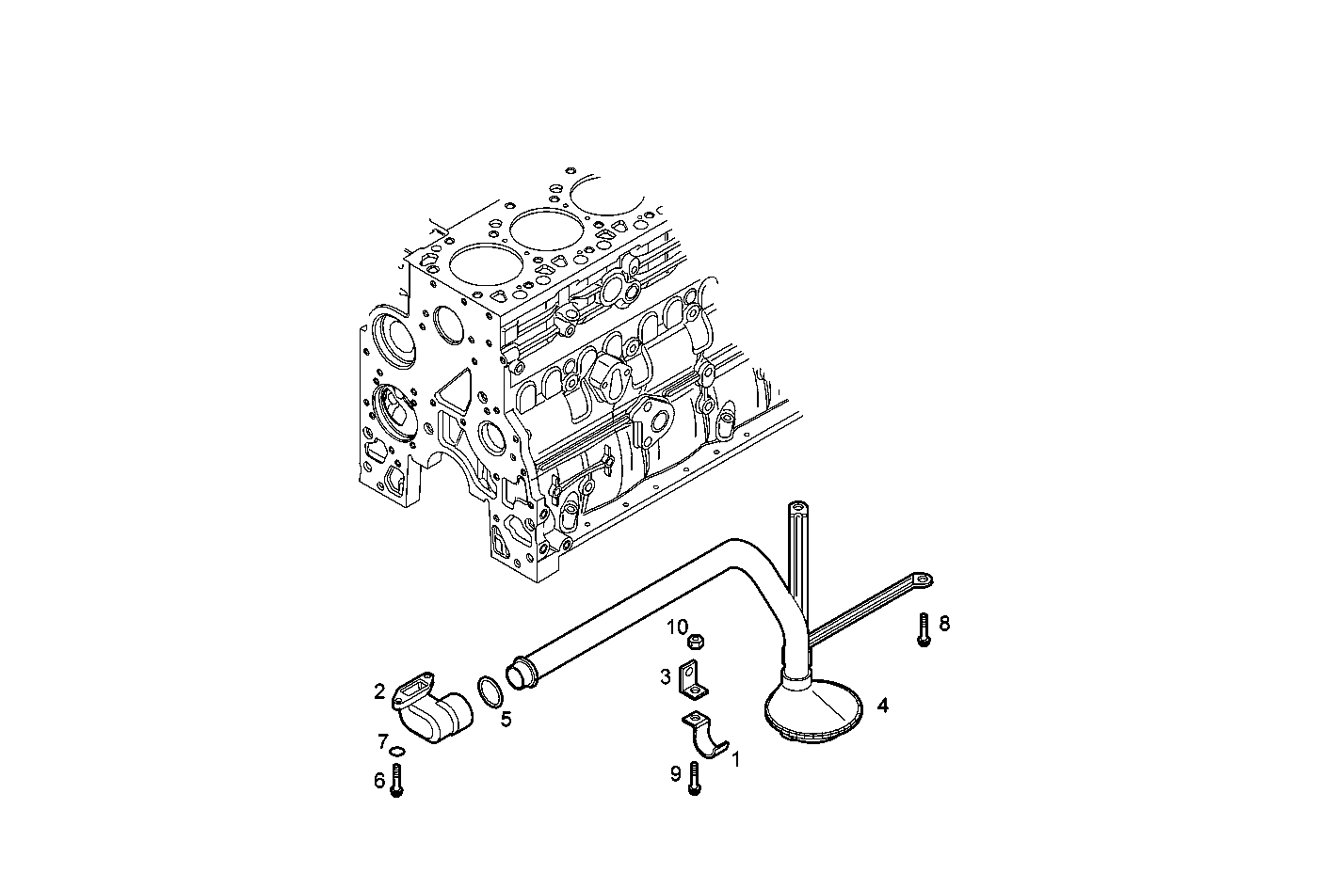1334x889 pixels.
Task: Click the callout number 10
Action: [x=678, y=627]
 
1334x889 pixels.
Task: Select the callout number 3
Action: [x=665, y=675]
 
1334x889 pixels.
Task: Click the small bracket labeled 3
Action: [x=692, y=681]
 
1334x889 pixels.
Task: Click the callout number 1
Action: [x=736, y=758]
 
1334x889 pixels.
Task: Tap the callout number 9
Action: [x=675, y=773]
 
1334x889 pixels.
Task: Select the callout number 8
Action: [x=944, y=623]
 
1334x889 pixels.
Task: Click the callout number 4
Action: [x=882, y=704]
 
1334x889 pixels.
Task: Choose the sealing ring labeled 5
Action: [x=490, y=691]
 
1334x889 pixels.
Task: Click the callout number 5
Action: [x=506, y=720]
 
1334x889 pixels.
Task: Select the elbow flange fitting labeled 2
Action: [x=431, y=711]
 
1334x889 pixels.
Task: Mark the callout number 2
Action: [x=379, y=692]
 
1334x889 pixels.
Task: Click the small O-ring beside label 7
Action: [x=397, y=751]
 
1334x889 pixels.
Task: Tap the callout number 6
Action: [x=379, y=780]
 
